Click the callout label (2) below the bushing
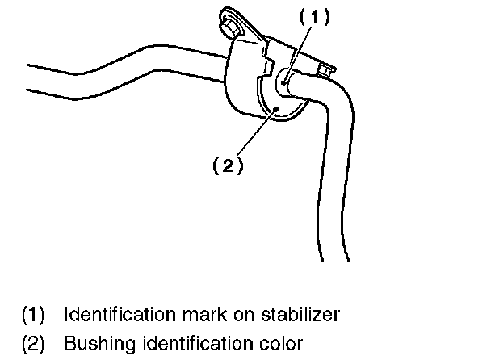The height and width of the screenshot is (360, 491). point(227,165)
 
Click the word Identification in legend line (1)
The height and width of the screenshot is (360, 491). point(113,312)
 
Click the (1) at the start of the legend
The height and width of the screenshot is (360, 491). point(33,312)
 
